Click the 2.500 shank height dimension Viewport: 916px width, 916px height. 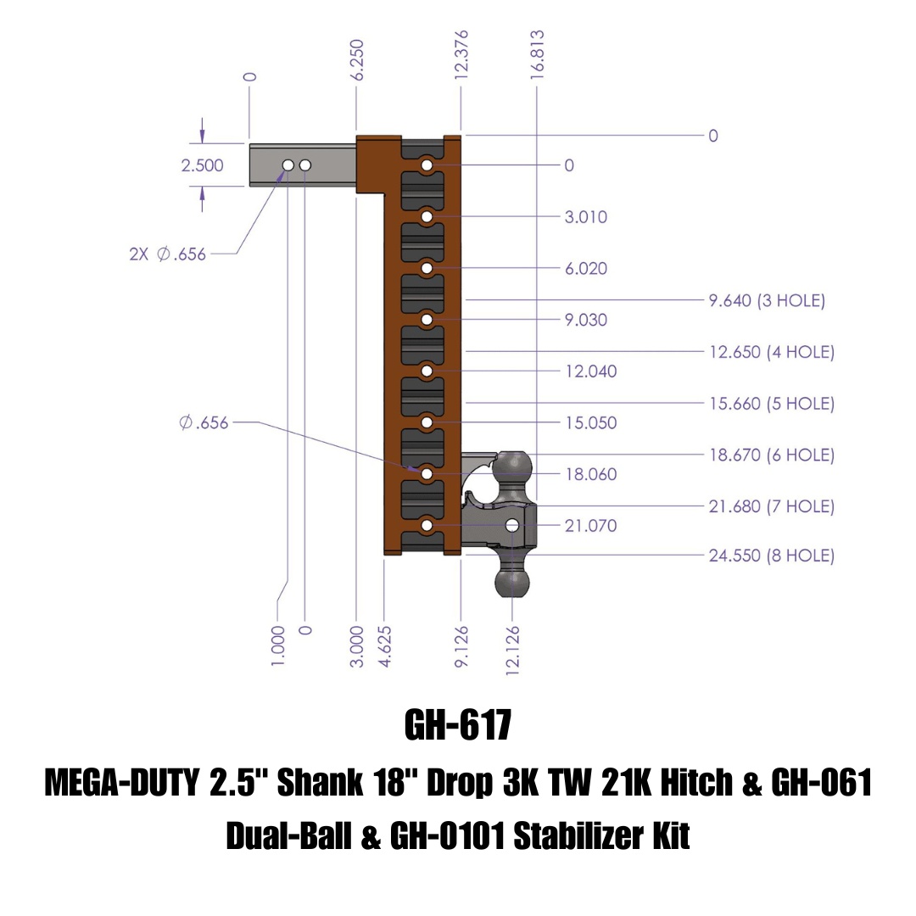[202, 165]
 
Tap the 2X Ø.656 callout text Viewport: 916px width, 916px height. [167, 254]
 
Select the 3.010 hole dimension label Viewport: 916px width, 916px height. [586, 217]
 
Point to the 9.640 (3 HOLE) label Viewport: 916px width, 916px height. [767, 300]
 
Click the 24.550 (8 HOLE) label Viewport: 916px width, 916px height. [771, 556]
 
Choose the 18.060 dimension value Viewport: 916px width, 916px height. [591, 474]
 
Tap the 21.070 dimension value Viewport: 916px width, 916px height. [591, 526]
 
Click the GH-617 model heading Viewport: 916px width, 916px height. [457, 725]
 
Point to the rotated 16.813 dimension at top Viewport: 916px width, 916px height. [537, 55]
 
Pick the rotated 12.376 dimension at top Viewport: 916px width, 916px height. [461, 55]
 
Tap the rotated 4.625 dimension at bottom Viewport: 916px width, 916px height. [386, 646]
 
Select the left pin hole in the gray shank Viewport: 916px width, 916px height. [288, 165]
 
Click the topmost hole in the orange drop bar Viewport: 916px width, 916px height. [427, 165]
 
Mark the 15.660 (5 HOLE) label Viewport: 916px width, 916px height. [771, 404]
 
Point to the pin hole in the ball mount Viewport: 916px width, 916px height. [511, 526]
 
